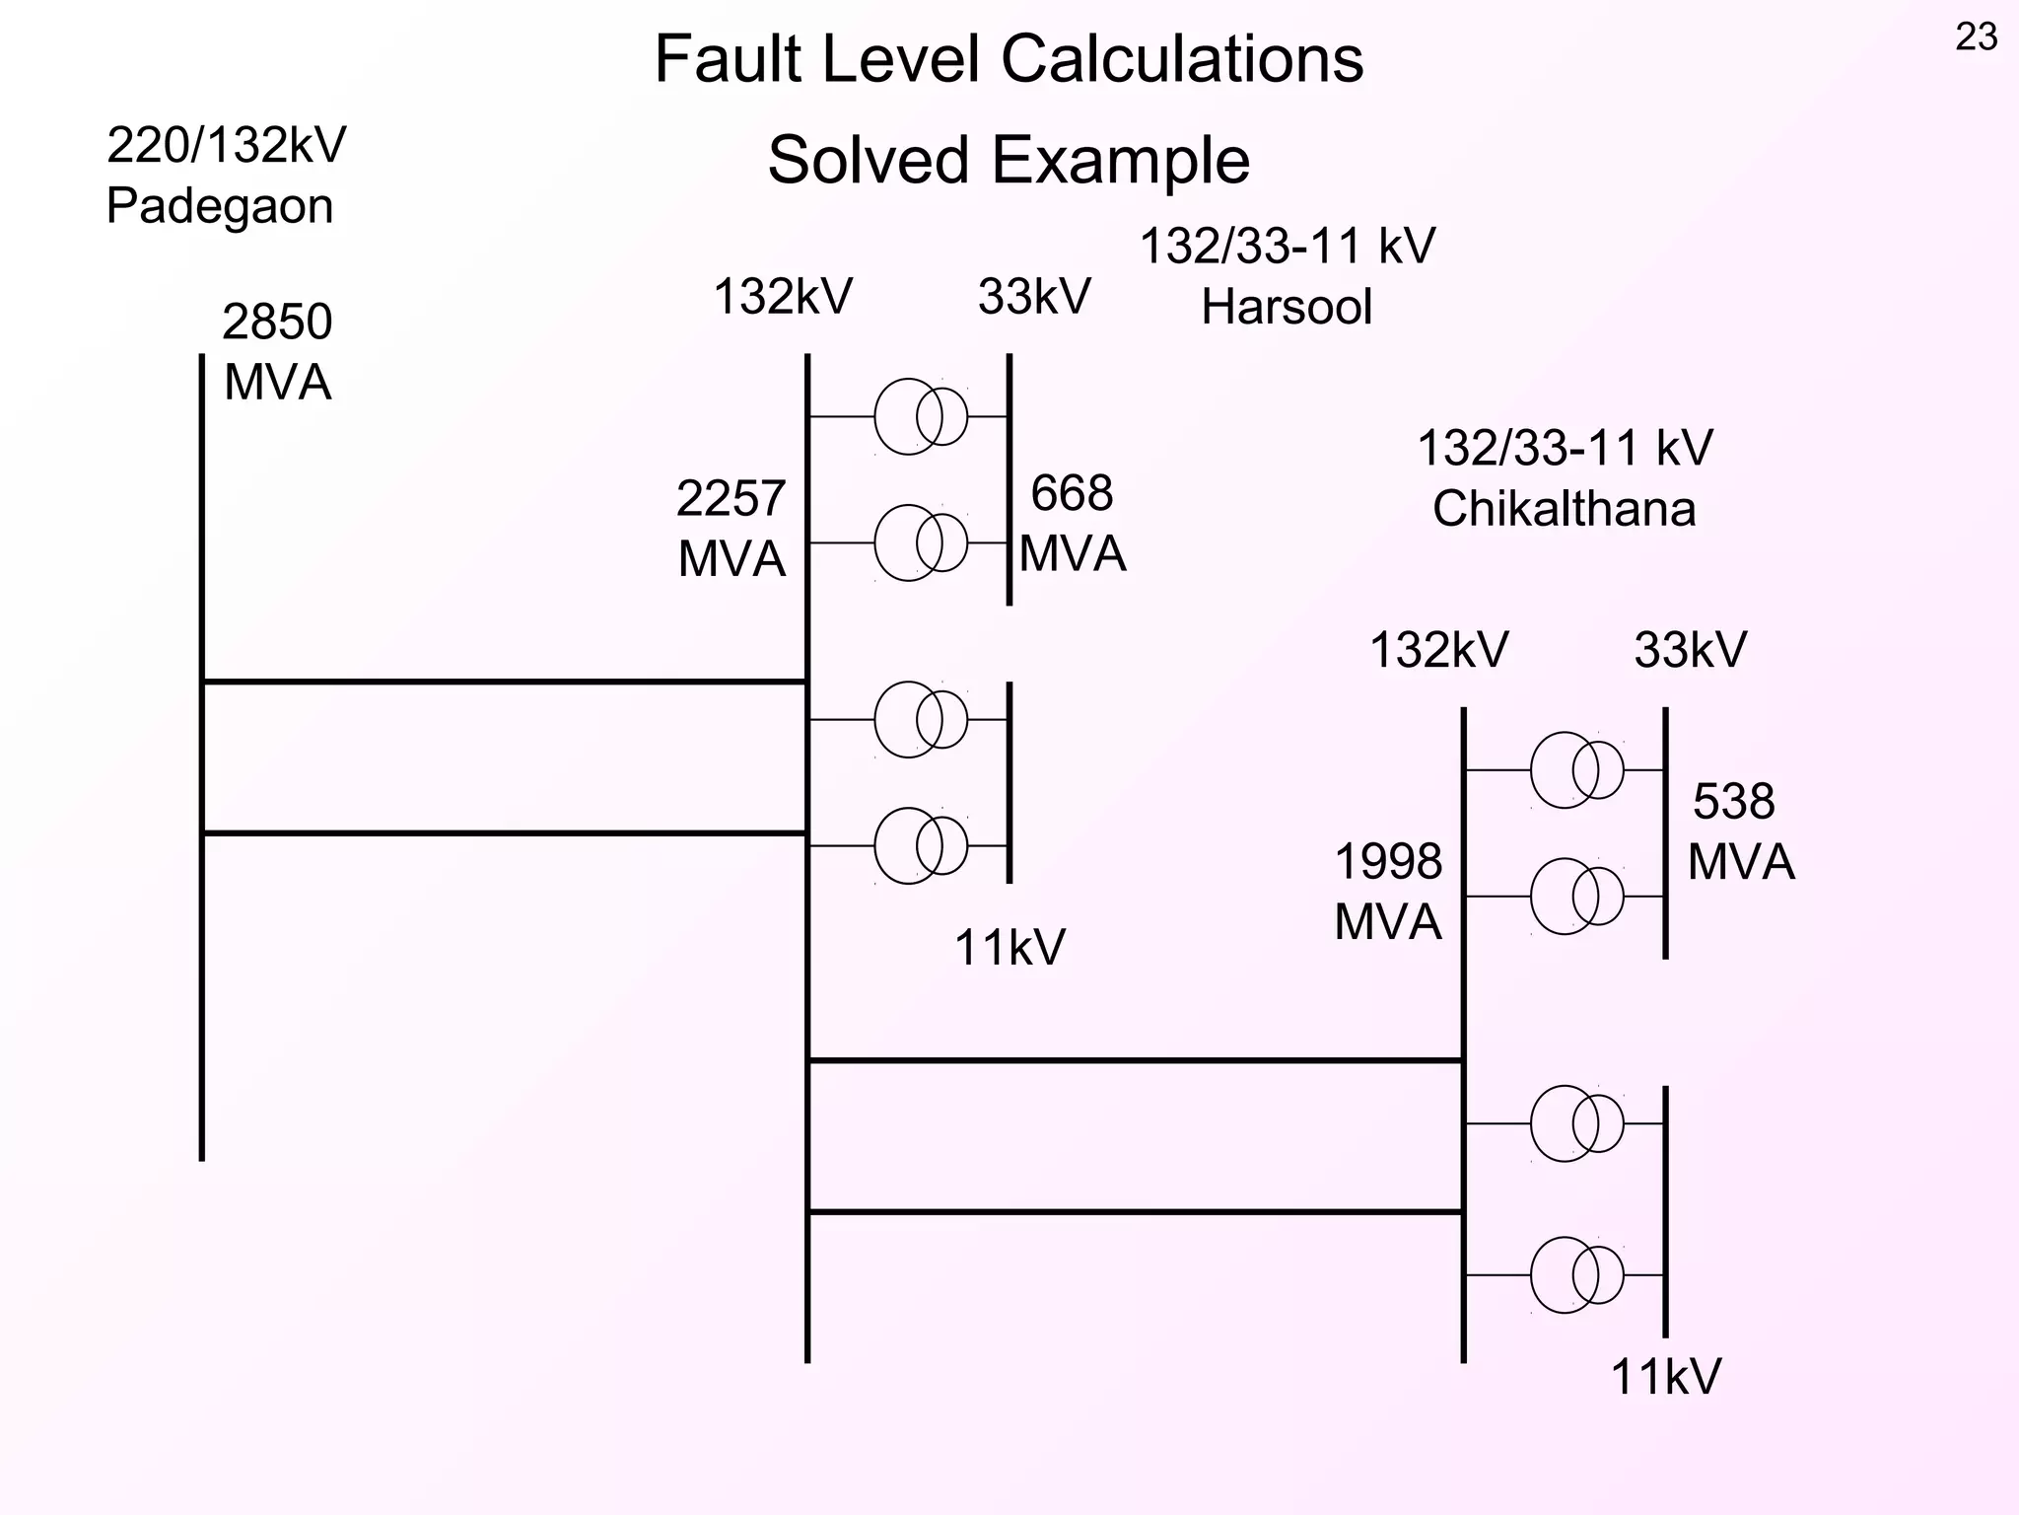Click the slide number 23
tap(1976, 37)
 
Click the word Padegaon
tap(219, 207)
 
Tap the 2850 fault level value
tap(277, 323)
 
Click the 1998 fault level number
tap(1388, 862)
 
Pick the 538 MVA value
tap(1733, 802)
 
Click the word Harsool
tap(1286, 307)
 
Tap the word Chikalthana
tap(1564, 510)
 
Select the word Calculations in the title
tap(1182, 59)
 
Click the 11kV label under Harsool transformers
tap(1009, 949)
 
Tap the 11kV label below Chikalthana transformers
tap(1665, 1377)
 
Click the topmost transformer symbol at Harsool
tap(921, 416)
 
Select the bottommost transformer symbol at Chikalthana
tap(1576, 1275)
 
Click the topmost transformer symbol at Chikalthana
tap(1576, 769)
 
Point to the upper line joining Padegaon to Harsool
tap(505, 682)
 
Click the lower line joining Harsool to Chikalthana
tap(1134, 1211)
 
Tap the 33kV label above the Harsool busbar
tap(1034, 297)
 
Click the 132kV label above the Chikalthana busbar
tap(1438, 651)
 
